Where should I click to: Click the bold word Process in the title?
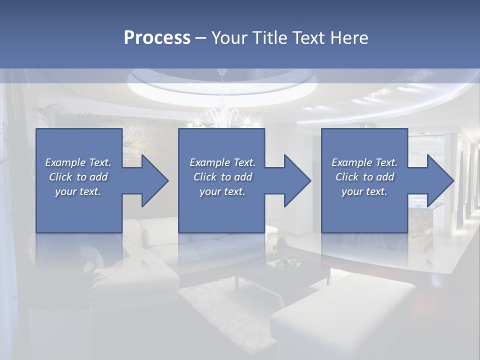pos(157,38)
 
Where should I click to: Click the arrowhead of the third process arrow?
pos(439,180)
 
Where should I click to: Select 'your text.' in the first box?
pos(78,191)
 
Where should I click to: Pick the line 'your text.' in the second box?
pos(222,191)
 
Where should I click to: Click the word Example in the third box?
pos(348,162)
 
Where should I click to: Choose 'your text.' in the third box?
pos(364,191)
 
